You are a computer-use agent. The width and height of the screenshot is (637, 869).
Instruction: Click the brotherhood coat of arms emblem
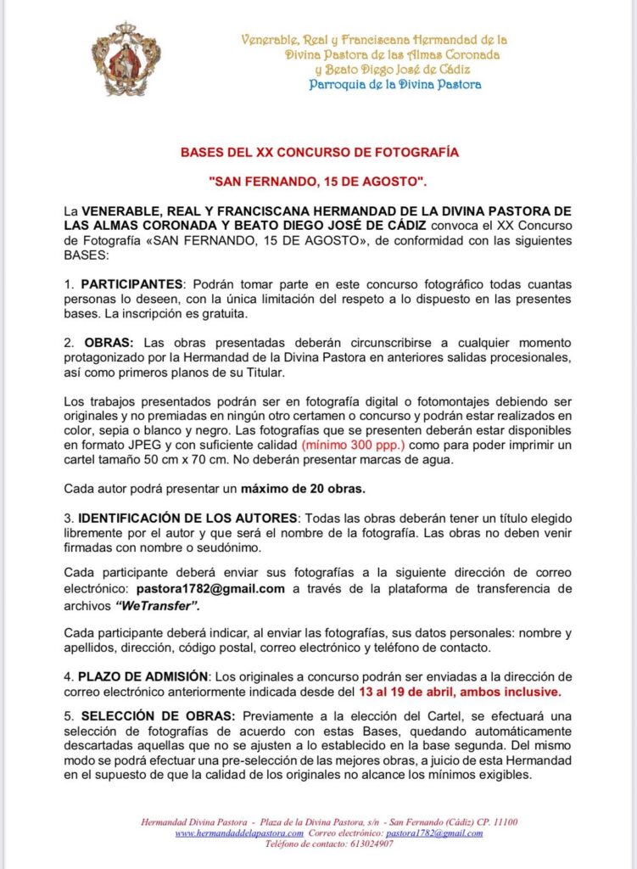[x=126, y=59]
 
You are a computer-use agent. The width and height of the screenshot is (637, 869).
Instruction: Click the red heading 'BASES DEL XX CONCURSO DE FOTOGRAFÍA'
[x=319, y=153]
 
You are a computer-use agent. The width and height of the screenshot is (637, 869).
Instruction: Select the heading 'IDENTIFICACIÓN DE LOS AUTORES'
[x=187, y=518]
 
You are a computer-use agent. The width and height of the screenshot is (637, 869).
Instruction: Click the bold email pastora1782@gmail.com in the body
[x=210, y=588]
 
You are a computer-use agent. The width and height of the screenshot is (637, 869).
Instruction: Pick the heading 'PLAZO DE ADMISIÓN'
[x=143, y=676]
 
